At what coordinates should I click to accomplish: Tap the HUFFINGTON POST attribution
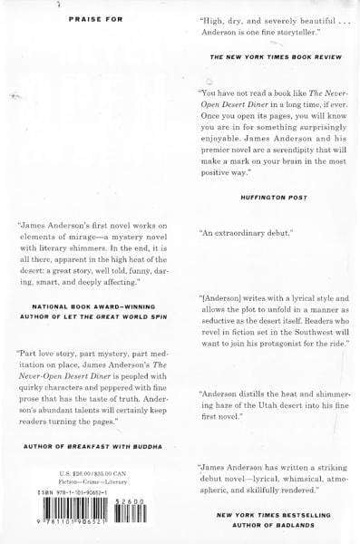[258, 193]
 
